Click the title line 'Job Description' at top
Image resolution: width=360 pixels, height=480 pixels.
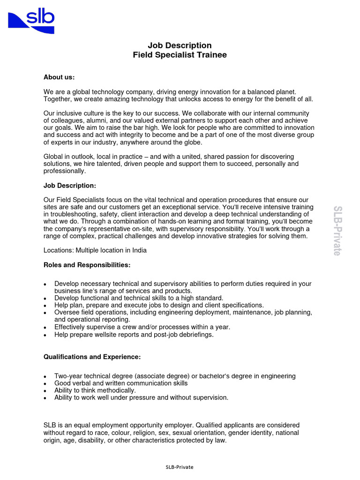point(180,45)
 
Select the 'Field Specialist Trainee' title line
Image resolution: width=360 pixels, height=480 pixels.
point(180,55)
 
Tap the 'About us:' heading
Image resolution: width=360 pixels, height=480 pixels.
point(59,77)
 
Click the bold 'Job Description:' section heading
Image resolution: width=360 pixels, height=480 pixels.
point(69,186)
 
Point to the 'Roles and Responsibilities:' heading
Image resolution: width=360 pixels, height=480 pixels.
point(87,265)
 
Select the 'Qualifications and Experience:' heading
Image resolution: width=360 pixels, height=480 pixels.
point(92,357)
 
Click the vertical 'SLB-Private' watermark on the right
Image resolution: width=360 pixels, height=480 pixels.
point(337,230)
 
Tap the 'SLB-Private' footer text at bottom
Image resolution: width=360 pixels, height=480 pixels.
point(180,467)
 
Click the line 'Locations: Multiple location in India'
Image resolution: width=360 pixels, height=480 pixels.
point(95,250)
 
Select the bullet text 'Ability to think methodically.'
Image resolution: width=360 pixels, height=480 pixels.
point(95,390)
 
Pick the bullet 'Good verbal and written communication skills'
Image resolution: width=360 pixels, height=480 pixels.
point(121,383)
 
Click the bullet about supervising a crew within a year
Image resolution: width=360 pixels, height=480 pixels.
point(142,327)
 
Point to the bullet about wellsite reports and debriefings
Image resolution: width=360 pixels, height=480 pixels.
point(134,335)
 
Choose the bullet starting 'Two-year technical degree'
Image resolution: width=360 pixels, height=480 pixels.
point(175,376)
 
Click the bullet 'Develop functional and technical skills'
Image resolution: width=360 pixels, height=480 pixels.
point(139,298)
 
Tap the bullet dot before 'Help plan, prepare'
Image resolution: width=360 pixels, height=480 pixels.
point(45,305)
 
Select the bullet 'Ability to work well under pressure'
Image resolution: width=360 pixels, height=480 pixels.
point(141,397)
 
